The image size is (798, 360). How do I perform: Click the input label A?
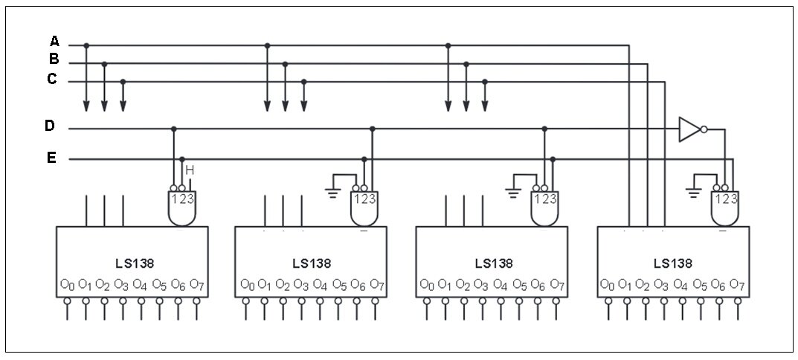pyautogui.click(x=54, y=41)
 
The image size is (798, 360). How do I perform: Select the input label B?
pyautogui.click(x=54, y=59)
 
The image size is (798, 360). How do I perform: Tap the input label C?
pyautogui.click(x=52, y=80)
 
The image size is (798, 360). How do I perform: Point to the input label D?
pyautogui.click(x=49, y=125)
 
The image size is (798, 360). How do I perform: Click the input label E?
pyautogui.click(x=51, y=158)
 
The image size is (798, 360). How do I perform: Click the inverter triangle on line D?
pyautogui.click(x=689, y=129)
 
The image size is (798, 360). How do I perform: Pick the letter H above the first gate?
pyautogui.click(x=190, y=170)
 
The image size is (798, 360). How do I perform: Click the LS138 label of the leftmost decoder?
pyautogui.click(x=135, y=263)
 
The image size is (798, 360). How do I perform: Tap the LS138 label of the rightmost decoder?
pyautogui.click(x=673, y=263)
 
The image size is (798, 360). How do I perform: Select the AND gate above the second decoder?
pyautogui.click(x=364, y=208)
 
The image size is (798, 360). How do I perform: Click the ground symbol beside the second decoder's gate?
pyautogui.click(x=333, y=193)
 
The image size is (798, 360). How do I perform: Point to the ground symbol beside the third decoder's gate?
pyautogui.click(x=513, y=193)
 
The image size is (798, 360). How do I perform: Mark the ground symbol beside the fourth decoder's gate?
pyautogui.click(x=692, y=193)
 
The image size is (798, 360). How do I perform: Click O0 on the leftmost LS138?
pyautogui.click(x=68, y=283)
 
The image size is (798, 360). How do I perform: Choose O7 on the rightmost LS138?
pyautogui.click(x=738, y=283)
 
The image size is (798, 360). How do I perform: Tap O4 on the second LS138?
pyautogui.click(x=320, y=283)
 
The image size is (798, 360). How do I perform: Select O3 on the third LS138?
pyautogui.click(x=481, y=283)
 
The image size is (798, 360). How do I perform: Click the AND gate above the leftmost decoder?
pyautogui.click(x=181, y=208)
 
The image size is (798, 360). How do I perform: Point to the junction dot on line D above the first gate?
pyautogui.click(x=173, y=129)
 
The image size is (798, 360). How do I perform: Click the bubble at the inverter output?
pyautogui.click(x=704, y=129)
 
